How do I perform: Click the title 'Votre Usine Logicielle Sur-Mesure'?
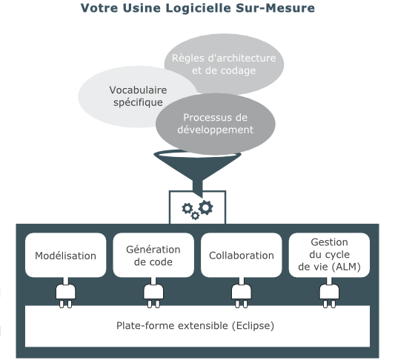pos(198,9)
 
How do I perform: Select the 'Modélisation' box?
pos(66,256)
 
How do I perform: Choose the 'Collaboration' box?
pos(242,256)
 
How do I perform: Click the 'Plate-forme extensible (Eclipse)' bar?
pos(197,325)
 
